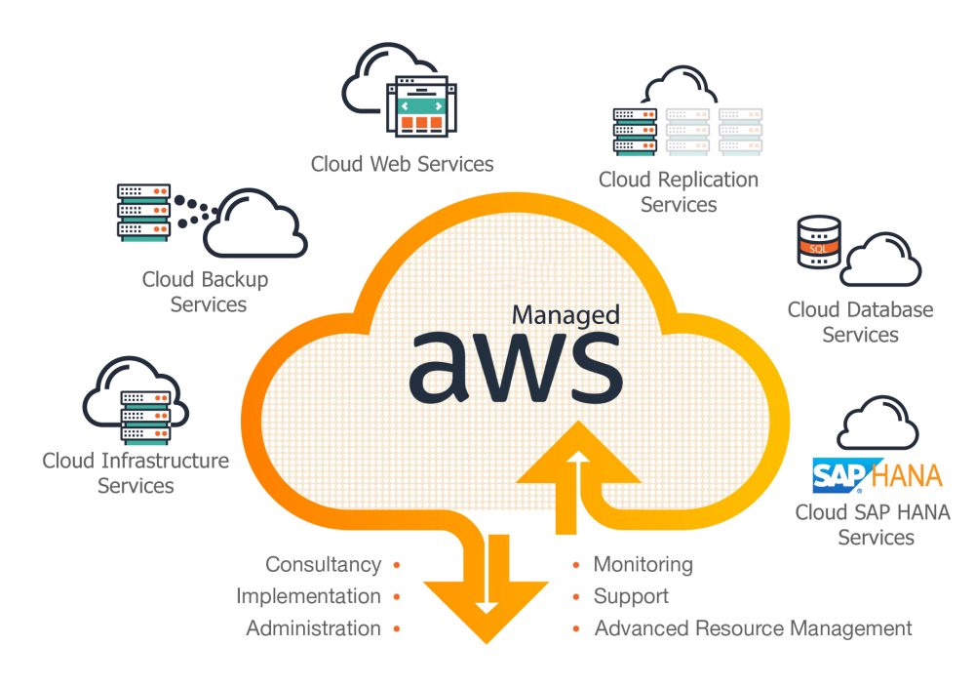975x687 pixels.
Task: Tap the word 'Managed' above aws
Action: point(565,315)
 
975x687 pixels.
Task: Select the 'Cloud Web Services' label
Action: point(402,163)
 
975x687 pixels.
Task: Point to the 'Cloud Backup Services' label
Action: point(206,292)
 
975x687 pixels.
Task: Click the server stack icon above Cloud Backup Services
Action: point(142,211)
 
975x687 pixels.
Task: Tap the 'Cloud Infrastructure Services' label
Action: point(136,472)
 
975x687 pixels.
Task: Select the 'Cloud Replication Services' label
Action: point(678,191)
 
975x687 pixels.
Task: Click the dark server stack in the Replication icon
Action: point(635,129)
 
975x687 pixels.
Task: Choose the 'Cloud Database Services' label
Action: point(860,322)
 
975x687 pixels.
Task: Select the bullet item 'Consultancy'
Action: point(323,564)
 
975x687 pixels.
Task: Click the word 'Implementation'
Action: point(308,596)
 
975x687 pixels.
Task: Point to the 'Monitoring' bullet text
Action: point(643,564)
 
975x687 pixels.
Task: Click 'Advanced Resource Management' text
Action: point(753,628)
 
